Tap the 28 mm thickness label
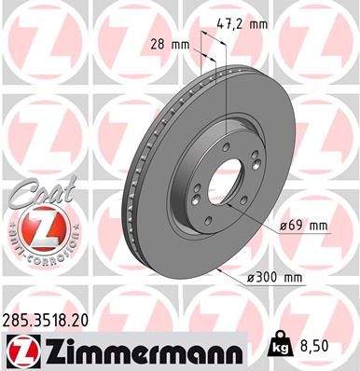[x=168, y=43]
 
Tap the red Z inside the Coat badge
[x=36, y=227]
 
